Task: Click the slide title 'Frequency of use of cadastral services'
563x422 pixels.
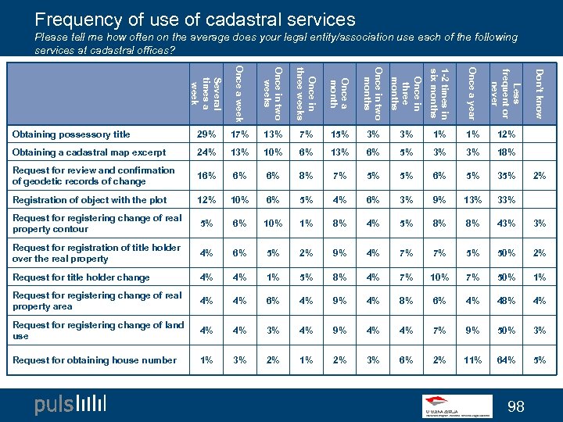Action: point(195,20)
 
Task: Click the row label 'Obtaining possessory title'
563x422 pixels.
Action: point(71,134)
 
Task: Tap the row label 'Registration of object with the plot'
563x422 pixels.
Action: point(90,199)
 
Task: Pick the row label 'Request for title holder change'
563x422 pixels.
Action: point(81,277)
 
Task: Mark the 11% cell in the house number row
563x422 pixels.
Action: point(472,360)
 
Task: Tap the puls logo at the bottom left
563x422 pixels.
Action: point(70,404)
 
